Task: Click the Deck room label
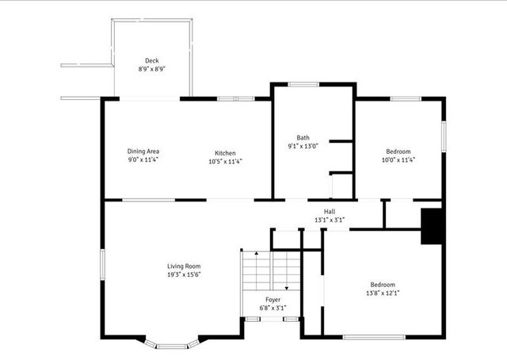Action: (x=151, y=60)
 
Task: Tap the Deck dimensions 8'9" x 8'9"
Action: (x=151, y=69)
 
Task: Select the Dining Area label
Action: (x=143, y=151)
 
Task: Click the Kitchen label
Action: (x=225, y=153)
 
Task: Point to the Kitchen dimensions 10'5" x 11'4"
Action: (x=225, y=161)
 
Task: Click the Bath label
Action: (x=303, y=137)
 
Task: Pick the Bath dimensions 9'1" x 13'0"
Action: (x=303, y=146)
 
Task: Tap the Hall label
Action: (x=329, y=211)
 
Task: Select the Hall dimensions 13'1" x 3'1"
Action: (x=329, y=220)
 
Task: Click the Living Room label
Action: (x=184, y=266)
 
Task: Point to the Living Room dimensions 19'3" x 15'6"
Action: (x=184, y=274)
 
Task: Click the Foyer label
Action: (x=272, y=299)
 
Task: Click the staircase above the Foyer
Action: (x=259, y=270)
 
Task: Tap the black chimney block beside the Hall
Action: (x=432, y=226)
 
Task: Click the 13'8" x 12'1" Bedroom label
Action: (x=382, y=289)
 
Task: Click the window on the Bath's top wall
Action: (x=303, y=84)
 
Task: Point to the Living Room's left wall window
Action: (x=102, y=262)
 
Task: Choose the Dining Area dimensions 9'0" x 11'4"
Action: (x=143, y=160)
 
